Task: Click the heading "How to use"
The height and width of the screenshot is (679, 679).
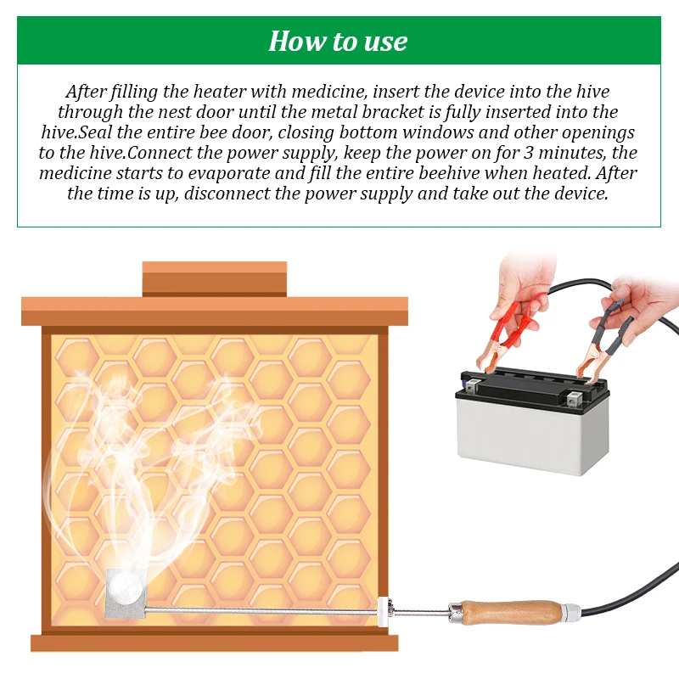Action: (338, 41)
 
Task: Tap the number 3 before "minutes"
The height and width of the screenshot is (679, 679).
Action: (528, 153)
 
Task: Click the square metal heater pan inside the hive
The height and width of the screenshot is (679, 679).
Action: (126, 592)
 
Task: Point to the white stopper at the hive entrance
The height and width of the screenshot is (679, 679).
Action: (384, 611)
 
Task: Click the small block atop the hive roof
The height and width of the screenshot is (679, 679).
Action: (215, 279)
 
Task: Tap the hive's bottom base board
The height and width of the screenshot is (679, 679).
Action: (215, 643)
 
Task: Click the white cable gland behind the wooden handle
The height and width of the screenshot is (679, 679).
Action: (571, 612)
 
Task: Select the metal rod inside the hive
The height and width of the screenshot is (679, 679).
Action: (262, 610)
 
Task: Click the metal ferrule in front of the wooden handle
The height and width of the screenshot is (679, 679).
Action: (455, 610)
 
